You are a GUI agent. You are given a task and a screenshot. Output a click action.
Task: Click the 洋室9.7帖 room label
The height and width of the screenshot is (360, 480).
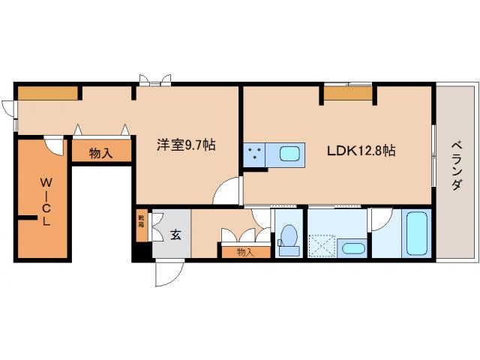(185, 145)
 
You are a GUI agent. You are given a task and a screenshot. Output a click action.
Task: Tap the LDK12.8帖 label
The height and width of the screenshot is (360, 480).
(361, 150)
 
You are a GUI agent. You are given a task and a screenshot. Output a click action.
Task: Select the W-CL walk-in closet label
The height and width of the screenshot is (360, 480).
(46, 201)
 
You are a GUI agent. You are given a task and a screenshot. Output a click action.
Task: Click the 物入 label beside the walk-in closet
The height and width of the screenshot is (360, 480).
(100, 153)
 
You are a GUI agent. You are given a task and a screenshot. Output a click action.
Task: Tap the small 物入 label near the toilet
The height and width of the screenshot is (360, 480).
(245, 252)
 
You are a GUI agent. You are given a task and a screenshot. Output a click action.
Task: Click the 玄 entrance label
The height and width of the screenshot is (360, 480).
(175, 235)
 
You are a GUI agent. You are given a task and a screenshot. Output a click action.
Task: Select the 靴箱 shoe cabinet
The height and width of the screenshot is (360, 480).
(140, 224)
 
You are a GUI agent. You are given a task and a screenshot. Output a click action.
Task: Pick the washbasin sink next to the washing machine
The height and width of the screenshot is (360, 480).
(351, 248)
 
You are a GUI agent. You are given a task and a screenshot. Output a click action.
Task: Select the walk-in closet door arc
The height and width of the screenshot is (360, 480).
(53, 145)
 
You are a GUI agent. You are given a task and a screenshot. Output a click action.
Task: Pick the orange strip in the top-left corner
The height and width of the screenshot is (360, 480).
(48, 94)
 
